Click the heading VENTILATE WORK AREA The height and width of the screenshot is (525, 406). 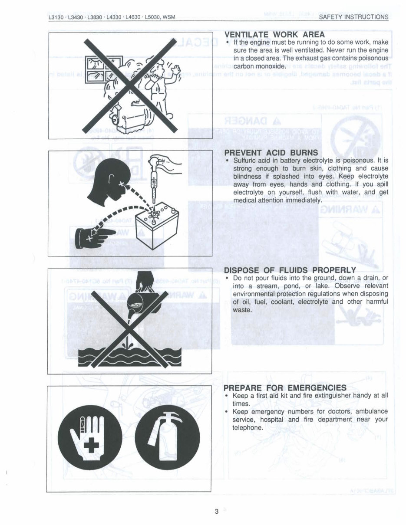click(274, 35)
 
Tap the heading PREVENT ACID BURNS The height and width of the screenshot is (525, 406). click(271, 153)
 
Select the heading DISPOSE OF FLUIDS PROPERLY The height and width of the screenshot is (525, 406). click(290, 270)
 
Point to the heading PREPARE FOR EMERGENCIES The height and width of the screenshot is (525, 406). click(285, 387)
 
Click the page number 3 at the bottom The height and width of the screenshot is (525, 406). click(216, 512)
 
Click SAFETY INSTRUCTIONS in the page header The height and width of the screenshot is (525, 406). click(353, 17)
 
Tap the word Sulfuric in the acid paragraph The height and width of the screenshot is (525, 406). click(245, 160)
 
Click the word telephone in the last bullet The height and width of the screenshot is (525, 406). click(248, 428)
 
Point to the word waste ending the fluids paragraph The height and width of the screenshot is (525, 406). click(242, 310)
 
